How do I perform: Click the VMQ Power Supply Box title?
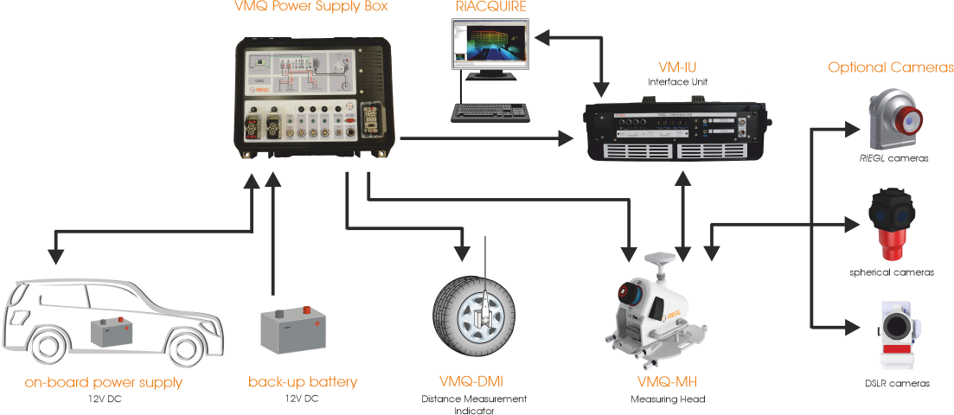click(x=311, y=7)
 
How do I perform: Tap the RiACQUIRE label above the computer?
click(x=491, y=7)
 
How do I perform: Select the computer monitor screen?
click(x=489, y=46)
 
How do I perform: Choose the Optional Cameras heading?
click(x=891, y=67)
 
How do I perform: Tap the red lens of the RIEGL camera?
click(x=906, y=121)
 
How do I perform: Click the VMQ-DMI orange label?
click(x=472, y=381)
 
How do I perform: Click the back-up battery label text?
click(x=302, y=381)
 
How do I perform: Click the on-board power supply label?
click(x=104, y=381)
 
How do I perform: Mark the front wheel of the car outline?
click(x=185, y=347)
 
